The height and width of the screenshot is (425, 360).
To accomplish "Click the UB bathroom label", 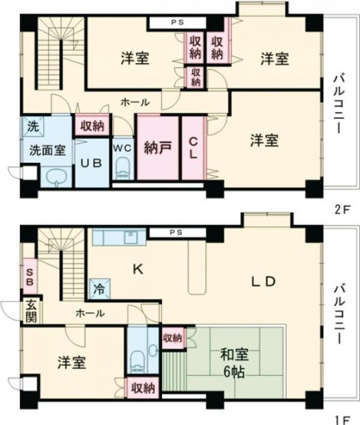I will click(91, 162).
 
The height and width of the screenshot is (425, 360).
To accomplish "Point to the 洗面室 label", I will click(46, 149).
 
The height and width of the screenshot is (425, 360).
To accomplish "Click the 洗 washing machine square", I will click(31, 125).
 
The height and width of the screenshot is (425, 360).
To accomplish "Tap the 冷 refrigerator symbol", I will click(98, 289).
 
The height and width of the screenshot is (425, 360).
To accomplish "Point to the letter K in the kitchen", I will click(138, 270).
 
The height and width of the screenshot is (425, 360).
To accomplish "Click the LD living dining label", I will click(262, 281).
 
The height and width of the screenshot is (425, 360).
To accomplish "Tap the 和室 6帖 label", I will click(232, 363).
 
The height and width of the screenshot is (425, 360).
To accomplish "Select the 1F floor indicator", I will click(341, 418).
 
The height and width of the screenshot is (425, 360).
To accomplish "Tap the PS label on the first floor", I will click(175, 233).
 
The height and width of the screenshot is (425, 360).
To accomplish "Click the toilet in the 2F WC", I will click(121, 171).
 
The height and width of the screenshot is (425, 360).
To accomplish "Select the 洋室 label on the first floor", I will click(71, 363).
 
